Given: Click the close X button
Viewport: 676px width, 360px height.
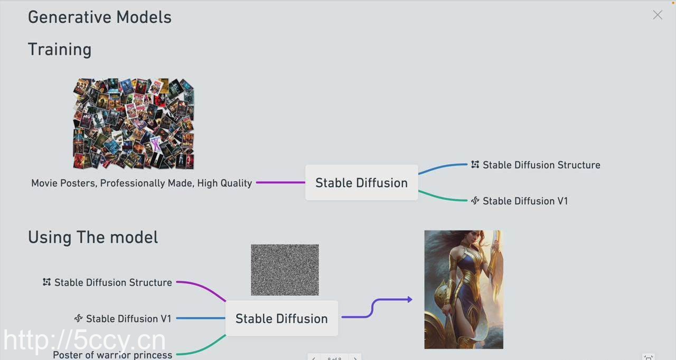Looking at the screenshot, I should pos(658,15).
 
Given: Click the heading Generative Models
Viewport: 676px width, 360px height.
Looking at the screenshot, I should pos(100,17).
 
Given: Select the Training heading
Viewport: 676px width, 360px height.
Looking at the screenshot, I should pos(60,50).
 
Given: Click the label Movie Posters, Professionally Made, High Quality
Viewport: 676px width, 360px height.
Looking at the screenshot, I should pos(142,183).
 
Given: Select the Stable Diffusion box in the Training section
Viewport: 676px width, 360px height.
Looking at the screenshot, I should pos(362,183).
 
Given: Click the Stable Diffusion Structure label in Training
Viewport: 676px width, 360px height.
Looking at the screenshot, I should pos(541,165).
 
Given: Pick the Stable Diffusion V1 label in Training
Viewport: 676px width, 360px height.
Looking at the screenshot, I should pos(525,201).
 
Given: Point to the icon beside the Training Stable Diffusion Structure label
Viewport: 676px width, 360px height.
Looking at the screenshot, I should pos(475,165).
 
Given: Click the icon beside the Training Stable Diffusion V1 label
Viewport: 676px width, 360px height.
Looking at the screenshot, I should pos(475,201).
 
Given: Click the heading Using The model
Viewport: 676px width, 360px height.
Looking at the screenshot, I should pos(93,238).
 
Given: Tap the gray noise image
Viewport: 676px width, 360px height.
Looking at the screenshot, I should pos(285,270).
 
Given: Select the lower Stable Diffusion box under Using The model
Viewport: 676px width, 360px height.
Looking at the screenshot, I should pos(281,319).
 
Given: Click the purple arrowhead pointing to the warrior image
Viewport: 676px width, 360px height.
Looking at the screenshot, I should pos(409,300).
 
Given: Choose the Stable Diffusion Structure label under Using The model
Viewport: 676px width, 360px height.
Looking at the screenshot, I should pos(113,282).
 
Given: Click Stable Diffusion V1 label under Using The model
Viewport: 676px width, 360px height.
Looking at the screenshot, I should pos(129,319).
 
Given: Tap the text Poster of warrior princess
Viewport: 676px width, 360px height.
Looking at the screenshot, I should pos(112,355).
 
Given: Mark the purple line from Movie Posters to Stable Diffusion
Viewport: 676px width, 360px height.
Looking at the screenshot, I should pos(280,183).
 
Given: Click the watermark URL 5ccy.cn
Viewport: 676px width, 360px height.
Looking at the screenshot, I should pos(84,340).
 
